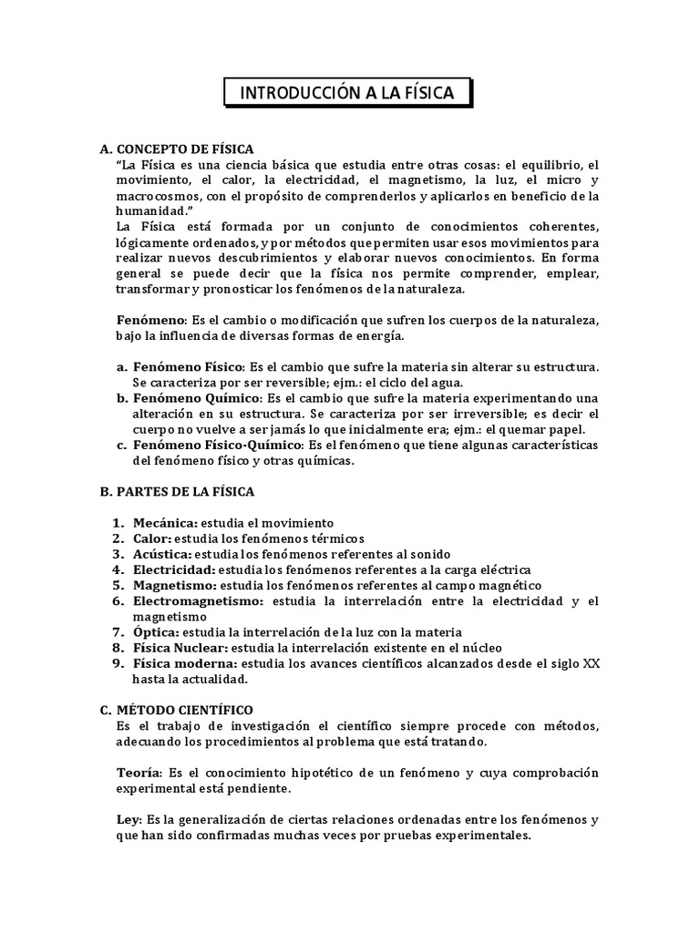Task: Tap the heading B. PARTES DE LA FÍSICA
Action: point(177,491)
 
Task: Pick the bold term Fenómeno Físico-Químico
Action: point(217,445)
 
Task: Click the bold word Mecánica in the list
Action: point(164,523)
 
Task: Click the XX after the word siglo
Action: point(591,663)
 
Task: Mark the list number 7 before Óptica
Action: point(118,632)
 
